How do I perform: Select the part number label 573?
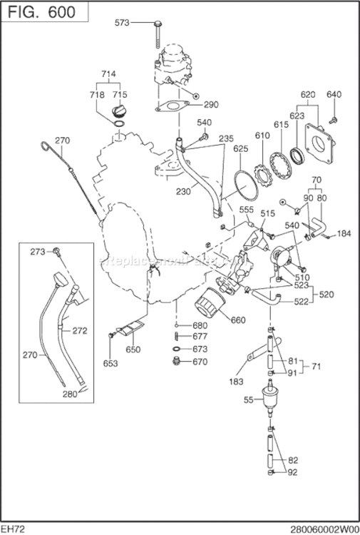click(x=123, y=23)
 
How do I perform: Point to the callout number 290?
click(x=210, y=104)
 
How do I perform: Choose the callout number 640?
click(x=334, y=94)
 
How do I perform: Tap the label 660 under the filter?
click(x=238, y=320)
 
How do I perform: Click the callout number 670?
click(x=200, y=362)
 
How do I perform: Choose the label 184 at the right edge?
click(x=344, y=233)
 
